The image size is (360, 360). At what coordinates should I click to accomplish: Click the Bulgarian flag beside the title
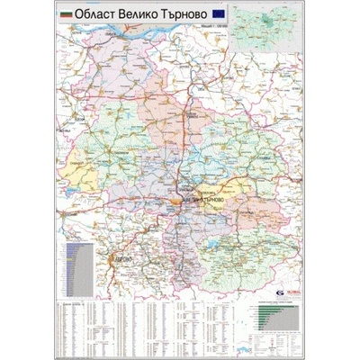(x=65, y=16)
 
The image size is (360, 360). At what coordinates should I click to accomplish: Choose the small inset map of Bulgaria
(x=280, y=27)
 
